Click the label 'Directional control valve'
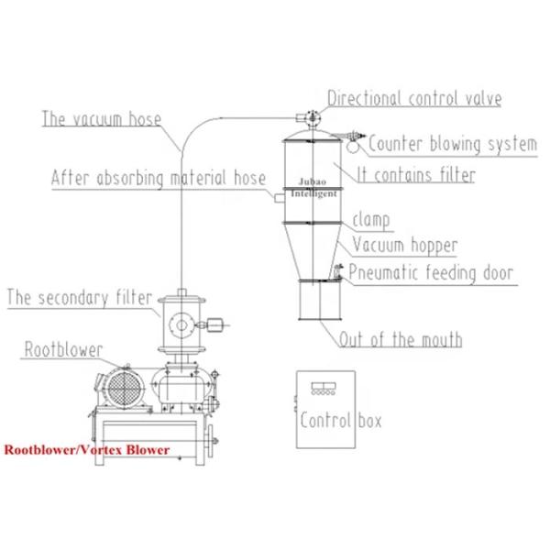[x=413, y=98]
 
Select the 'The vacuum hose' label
[x=101, y=119]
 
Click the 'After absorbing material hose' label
[x=159, y=178]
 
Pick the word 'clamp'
[x=371, y=220]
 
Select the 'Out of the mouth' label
[x=401, y=340]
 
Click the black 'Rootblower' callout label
[x=63, y=349]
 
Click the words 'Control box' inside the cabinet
[x=340, y=421]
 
